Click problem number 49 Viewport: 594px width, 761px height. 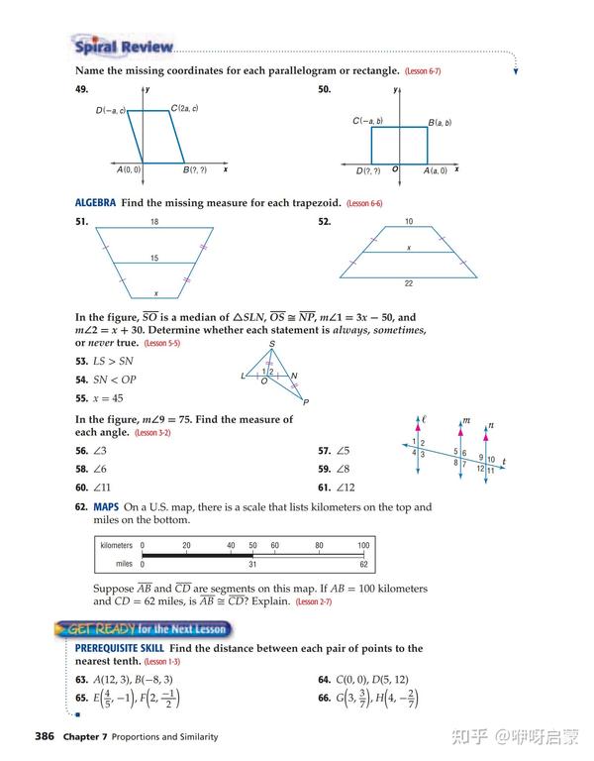[82, 89]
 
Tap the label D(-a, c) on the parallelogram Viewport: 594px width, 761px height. [111, 110]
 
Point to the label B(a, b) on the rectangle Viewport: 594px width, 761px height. [440, 123]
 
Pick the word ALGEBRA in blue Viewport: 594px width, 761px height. [95, 203]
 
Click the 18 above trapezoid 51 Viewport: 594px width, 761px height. [153, 222]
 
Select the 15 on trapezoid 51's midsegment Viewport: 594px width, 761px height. [153, 258]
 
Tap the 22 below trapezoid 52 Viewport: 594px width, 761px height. [408, 284]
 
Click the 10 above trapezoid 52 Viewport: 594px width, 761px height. [408, 222]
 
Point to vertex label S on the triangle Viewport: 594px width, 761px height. [271, 344]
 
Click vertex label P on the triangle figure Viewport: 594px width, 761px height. [306, 402]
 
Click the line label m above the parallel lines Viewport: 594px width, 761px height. [465, 420]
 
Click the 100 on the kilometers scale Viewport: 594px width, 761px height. [363, 545]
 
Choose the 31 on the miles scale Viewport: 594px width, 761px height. [252, 564]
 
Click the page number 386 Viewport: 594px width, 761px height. [44, 736]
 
